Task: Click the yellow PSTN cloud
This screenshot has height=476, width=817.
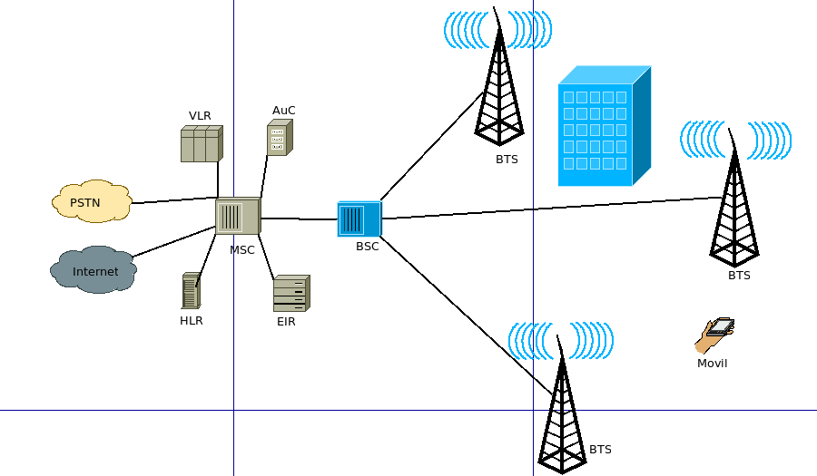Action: pyautogui.click(x=91, y=202)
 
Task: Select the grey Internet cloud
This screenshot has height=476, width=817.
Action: pyautogui.click(x=94, y=271)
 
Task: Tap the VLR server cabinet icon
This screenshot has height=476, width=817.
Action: pyautogui.click(x=201, y=143)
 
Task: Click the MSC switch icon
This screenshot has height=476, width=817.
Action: pyautogui.click(x=237, y=218)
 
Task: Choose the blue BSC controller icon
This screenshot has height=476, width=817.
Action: pyautogui.click(x=358, y=219)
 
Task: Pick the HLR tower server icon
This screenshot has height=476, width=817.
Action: pyautogui.click(x=191, y=292)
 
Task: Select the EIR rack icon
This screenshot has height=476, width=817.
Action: pyautogui.click(x=291, y=294)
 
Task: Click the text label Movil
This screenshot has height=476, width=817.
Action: pyautogui.click(x=712, y=364)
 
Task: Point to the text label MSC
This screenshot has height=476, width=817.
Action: pyautogui.click(x=242, y=250)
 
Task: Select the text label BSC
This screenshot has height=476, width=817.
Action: pyautogui.click(x=367, y=247)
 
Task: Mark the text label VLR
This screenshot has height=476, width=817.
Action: pyautogui.click(x=200, y=116)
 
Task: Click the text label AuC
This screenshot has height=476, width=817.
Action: pyautogui.click(x=284, y=111)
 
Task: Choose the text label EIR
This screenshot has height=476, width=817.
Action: pyautogui.click(x=286, y=321)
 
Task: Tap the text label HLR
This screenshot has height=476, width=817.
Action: pyautogui.click(x=191, y=321)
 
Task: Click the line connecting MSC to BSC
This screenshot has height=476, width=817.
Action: pyautogui.click(x=300, y=219)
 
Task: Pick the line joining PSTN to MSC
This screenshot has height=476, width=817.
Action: pyautogui.click(x=172, y=199)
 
